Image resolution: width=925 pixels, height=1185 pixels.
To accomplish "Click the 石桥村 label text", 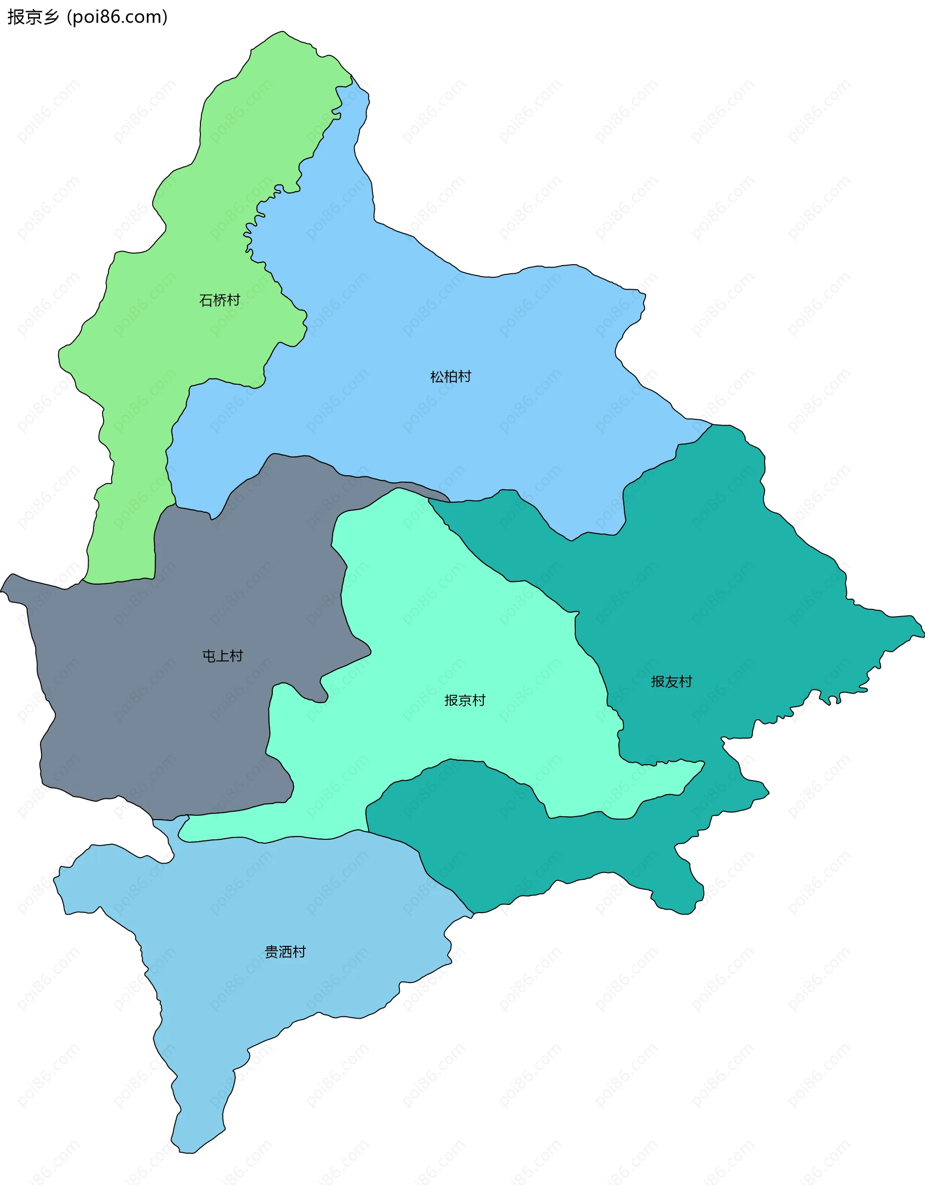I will click(220, 300).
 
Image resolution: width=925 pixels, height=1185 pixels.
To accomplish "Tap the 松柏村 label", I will click(450, 377).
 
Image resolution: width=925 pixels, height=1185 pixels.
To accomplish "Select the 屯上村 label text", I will click(222, 656).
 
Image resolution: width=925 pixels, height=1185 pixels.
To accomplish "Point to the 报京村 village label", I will click(465, 700).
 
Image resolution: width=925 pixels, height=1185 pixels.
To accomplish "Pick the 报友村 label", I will click(671, 682).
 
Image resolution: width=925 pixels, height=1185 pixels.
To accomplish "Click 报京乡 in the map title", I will click(33, 17).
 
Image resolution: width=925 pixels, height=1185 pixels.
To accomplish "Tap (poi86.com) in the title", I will click(117, 17).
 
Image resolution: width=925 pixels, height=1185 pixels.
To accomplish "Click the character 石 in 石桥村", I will click(206, 300).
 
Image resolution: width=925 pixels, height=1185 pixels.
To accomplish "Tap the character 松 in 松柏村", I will click(437, 377).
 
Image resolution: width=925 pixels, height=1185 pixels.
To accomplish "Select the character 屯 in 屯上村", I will click(209, 656).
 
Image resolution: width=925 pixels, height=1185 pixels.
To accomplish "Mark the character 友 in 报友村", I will click(671, 682).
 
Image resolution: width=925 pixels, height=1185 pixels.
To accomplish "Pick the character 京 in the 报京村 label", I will click(465, 700).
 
